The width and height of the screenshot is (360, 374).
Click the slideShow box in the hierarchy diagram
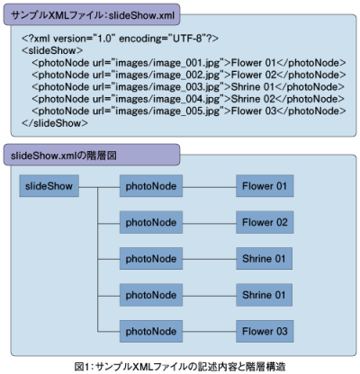tap(49, 186)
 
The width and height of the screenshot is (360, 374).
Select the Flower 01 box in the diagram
tap(265, 186)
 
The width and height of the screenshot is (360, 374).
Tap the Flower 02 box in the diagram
tap(265, 222)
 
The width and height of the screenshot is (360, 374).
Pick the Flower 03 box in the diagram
tap(265, 331)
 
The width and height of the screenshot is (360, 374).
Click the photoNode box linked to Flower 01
tap(151, 186)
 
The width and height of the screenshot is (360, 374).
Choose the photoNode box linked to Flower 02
tap(151, 222)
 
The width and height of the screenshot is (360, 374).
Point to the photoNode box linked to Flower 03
tap(151, 331)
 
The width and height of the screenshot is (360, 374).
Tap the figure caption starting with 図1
tap(180, 366)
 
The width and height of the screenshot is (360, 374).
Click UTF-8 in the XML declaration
tap(187, 39)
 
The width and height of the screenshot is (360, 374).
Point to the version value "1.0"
tap(104, 39)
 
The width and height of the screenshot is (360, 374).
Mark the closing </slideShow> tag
tap(55, 123)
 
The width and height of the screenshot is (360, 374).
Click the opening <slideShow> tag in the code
tap(52, 50)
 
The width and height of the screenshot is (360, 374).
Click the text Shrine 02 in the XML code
tap(253, 99)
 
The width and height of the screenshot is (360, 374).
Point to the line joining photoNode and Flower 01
tap(209, 188)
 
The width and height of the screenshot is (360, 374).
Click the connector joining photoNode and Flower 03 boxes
tap(209, 332)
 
